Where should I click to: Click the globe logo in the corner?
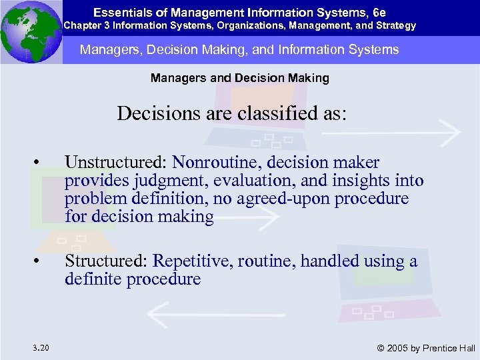pyautogui.click(x=31, y=31)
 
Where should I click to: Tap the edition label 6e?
pyautogui.click(x=379, y=13)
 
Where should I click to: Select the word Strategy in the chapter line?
pyautogui.click(x=395, y=26)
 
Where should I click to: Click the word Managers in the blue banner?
pyautogui.click(x=104, y=49)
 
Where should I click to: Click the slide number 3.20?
pyautogui.click(x=39, y=347)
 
